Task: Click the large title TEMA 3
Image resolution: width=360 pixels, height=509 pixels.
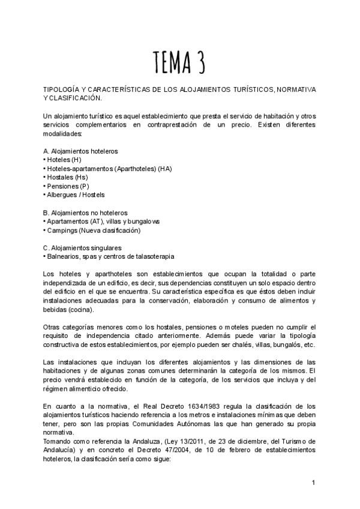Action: [x=179, y=61]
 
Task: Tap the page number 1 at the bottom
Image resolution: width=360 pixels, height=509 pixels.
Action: [x=313, y=482]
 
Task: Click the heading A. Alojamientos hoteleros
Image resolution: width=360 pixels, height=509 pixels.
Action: [x=80, y=151]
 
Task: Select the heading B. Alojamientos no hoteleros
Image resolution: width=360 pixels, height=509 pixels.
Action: [x=85, y=212]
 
